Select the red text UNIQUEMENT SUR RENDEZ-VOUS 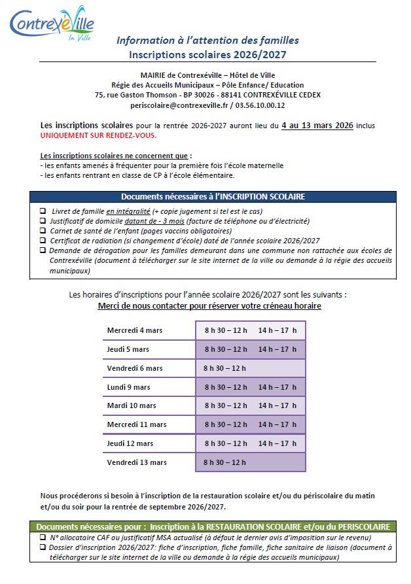[x=99, y=135]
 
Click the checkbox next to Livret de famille [x=43, y=211]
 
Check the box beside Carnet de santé [x=43, y=231]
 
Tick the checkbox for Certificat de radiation [x=43, y=241]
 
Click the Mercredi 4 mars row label [x=135, y=330]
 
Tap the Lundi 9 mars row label [x=129, y=387]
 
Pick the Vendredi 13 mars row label [x=137, y=462]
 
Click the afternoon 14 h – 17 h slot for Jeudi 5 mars [x=277, y=349]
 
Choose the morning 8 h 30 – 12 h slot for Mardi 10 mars [x=226, y=405]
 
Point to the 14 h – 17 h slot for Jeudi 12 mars [x=277, y=443]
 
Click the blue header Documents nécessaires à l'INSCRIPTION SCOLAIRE [x=212, y=196]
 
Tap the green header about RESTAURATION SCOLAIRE [x=212, y=526]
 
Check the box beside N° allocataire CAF [x=43, y=537]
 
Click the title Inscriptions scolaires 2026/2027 [x=207, y=55]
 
